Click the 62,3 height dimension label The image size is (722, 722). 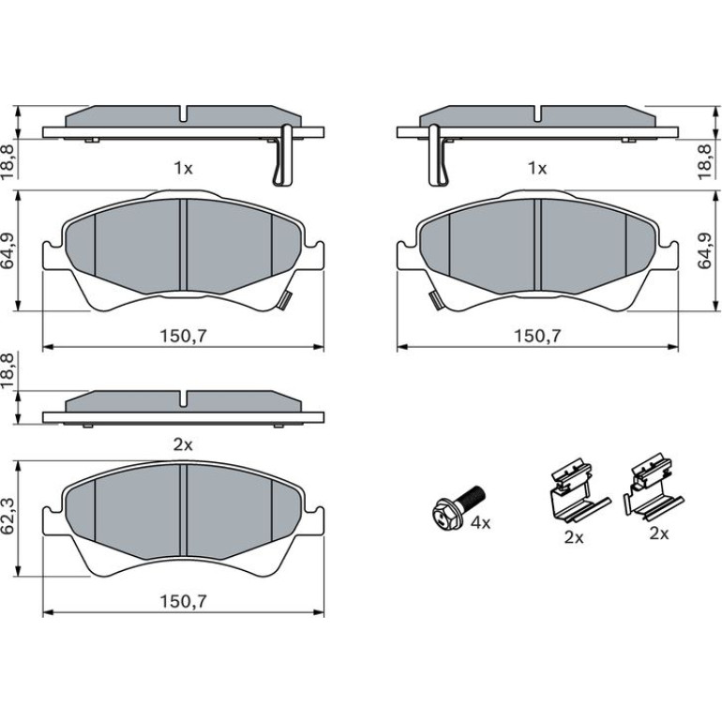pyautogui.click(x=9, y=518)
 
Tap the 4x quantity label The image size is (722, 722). pyautogui.click(x=481, y=522)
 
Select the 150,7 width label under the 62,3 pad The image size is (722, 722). pyautogui.click(x=183, y=601)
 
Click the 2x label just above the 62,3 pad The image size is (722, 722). pyautogui.click(x=183, y=444)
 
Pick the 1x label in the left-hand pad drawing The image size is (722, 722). pyautogui.click(x=183, y=169)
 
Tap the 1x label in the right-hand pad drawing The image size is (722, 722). pyautogui.click(x=537, y=169)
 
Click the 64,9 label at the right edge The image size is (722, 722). pyautogui.click(x=704, y=250)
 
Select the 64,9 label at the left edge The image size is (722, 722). pyautogui.click(x=9, y=250)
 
